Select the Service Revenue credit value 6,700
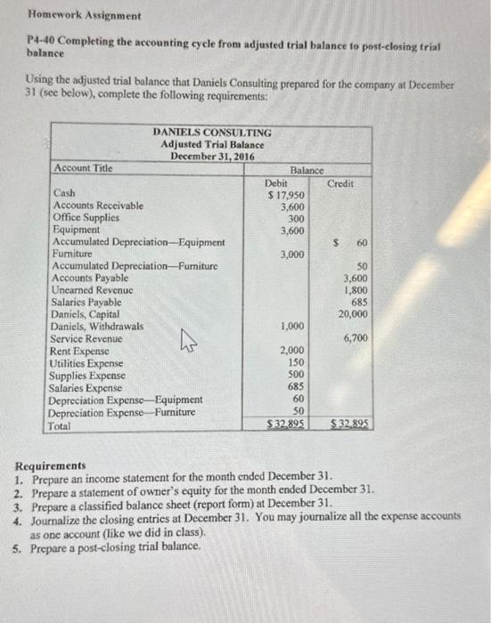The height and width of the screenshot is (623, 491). [x=356, y=338]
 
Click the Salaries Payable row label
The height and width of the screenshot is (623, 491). [x=86, y=302]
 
